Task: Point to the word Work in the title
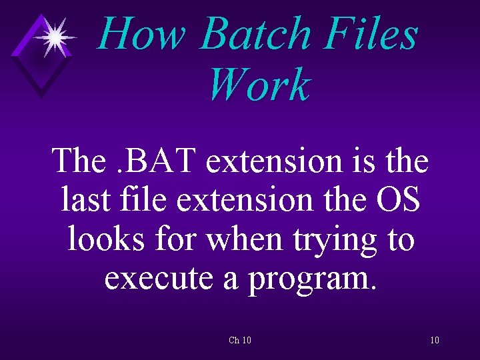point(259,85)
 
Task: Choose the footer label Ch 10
point(240,341)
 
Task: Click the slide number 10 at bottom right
point(435,341)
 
